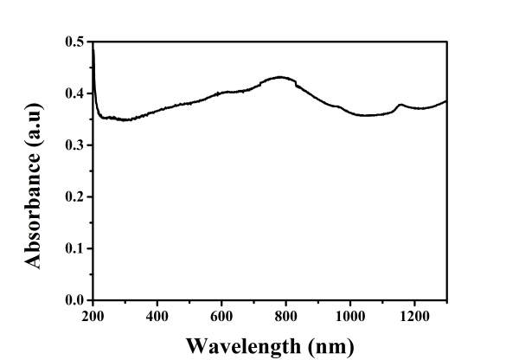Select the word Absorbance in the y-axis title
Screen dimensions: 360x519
[37, 202]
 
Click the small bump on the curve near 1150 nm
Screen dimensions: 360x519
[400, 105]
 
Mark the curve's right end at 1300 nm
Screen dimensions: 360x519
[446, 101]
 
